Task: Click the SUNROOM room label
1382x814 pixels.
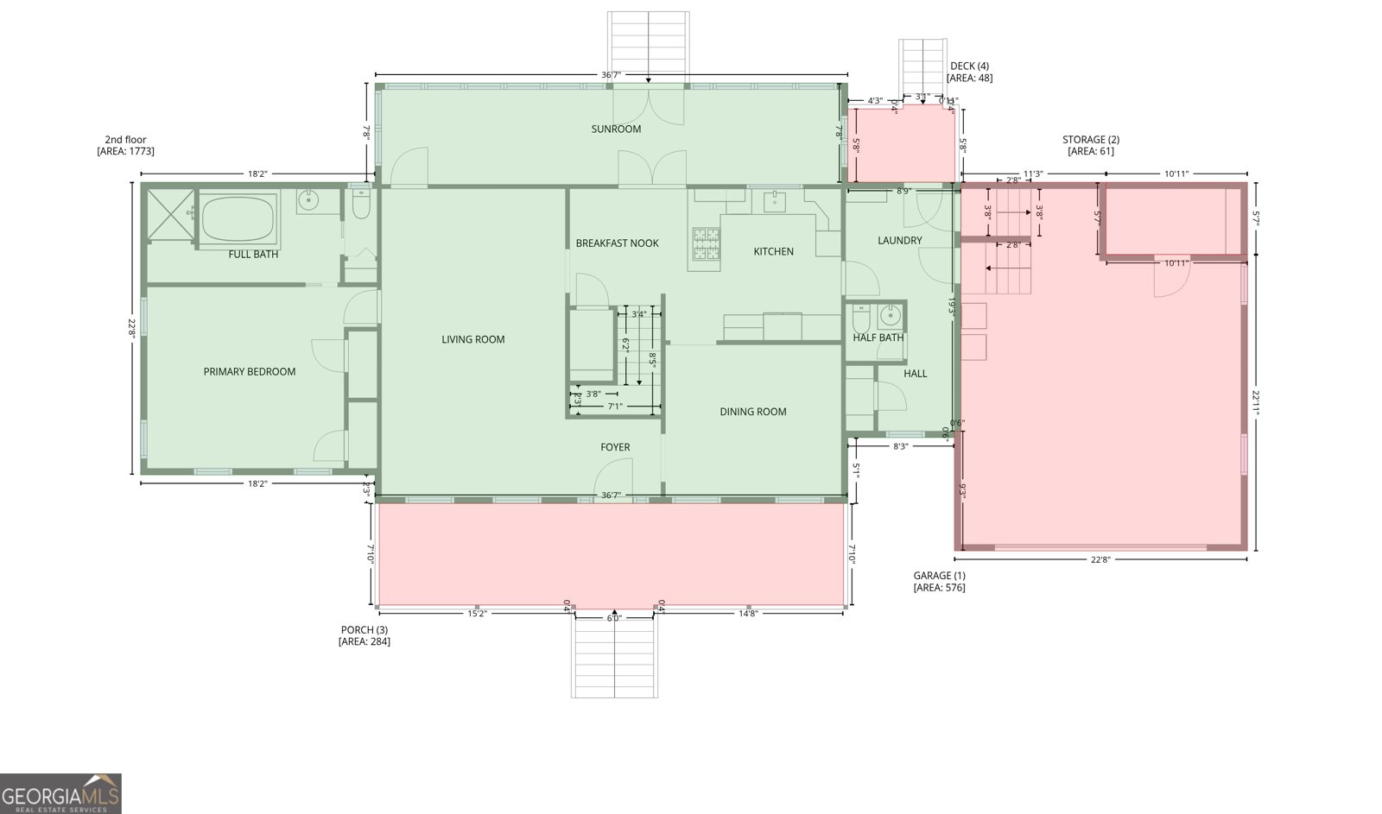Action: [x=616, y=129]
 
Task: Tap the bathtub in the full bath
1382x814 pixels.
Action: [x=239, y=218]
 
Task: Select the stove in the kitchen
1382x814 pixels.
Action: [x=706, y=243]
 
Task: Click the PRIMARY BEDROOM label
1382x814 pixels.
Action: [x=249, y=372]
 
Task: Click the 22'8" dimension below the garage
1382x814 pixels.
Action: [x=1100, y=559]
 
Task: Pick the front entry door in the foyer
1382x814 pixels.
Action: [x=613, y=479]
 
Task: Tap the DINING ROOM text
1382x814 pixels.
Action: [x=752, y=412]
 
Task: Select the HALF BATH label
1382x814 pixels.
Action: [x=878, y=338]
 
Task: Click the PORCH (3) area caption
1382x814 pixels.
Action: [x=364, y=635]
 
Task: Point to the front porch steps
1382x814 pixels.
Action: [x=614, y=656]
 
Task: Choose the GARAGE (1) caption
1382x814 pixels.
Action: [x=939, y=582]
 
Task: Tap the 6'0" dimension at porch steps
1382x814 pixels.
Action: [x=614, y=618]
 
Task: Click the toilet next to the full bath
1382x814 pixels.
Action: [x=362, y=205]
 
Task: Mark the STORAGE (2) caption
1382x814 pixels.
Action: [x=1090, y=145]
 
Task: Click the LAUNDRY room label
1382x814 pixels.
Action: [x=899, y=241]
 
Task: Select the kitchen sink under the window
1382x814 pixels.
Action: [x=773, y=202]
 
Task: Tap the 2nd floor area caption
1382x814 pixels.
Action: [x=125, y=145]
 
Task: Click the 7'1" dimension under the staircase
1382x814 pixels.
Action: [x=614, y=406]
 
